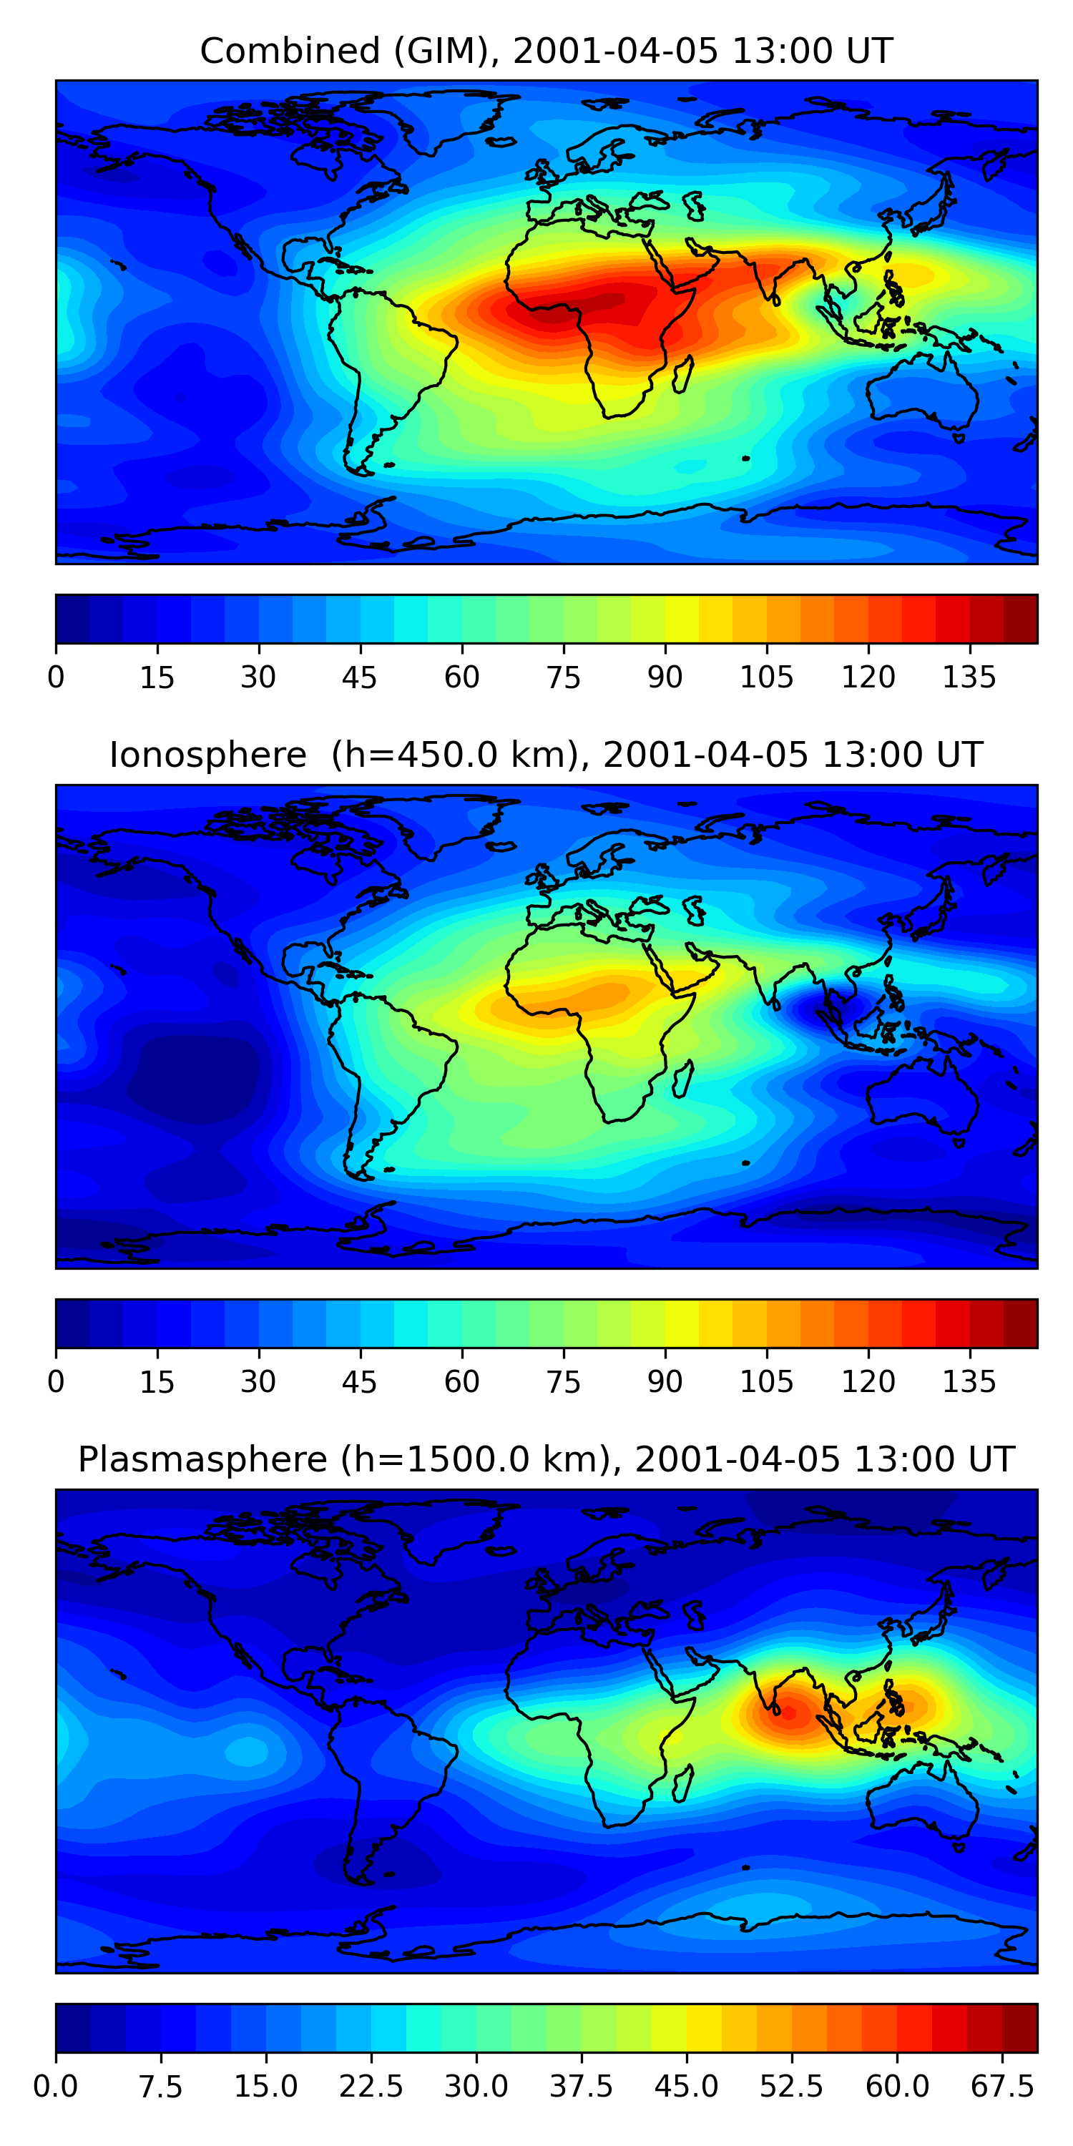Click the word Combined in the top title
click(x=290, y=51)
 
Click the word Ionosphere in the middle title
click(x=208, y=755)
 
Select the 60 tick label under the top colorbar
click(x=461, y=677)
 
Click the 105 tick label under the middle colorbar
click(x=766, y=1382)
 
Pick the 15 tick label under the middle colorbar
click(x=157, y=1382)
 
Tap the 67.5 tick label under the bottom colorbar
click(x=1002, y=2087)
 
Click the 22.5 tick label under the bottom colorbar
click(x=371, y=2087)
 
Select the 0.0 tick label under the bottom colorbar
click(x=56, y=2087)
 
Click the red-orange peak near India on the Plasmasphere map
click(x=788, y=1713)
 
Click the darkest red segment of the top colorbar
click(x=1021, y=619)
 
